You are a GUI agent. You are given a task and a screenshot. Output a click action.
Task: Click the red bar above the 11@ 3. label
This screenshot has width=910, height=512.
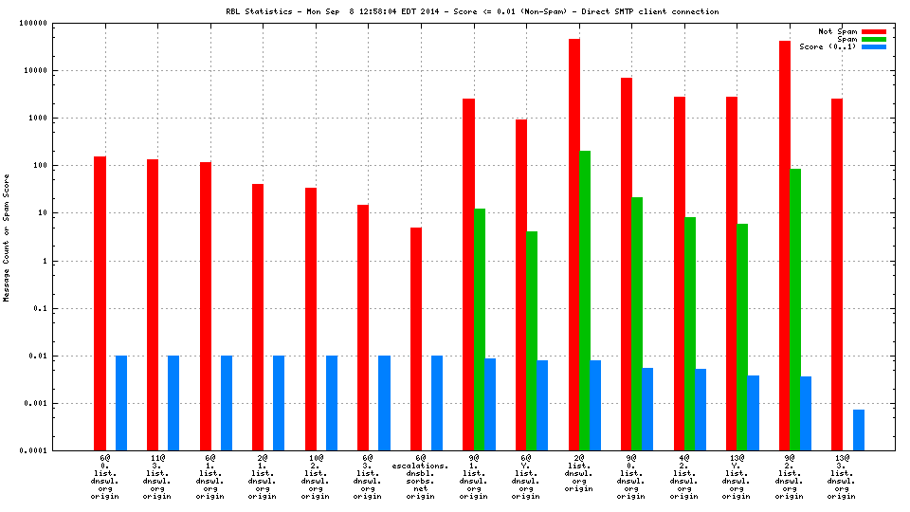153,304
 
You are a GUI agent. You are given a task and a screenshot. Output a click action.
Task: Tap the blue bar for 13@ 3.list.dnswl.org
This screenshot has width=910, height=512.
858,430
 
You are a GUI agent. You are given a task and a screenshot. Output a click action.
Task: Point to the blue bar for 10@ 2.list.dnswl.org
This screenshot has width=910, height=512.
332,403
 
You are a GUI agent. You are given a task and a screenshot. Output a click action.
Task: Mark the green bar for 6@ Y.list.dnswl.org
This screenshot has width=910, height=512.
532,340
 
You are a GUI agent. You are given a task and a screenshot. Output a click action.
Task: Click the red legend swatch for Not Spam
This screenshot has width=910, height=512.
873,31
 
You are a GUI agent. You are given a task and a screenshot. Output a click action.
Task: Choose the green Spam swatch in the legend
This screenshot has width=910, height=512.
873,39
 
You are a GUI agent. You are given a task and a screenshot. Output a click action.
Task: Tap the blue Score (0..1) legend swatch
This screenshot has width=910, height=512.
873,46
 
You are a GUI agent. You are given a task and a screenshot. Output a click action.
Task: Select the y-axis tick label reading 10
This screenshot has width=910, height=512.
68,213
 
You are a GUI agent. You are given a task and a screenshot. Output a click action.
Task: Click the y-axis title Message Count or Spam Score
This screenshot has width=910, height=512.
7,237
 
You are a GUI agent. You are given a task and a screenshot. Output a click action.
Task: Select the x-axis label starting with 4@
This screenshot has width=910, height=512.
683,477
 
